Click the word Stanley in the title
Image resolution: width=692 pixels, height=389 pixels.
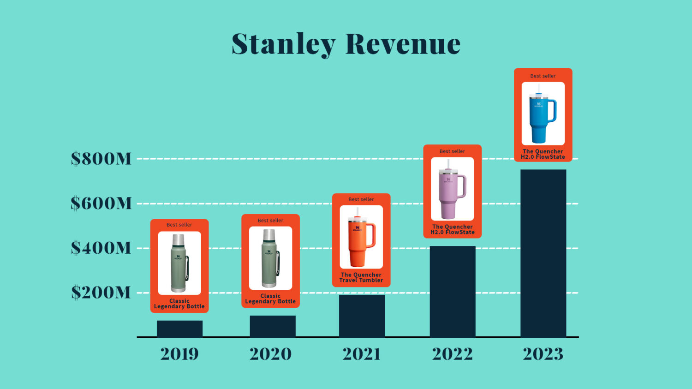coord(283,44)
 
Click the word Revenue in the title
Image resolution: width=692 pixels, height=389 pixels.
coord(403,44)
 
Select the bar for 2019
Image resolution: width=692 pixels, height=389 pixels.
coord(179,329)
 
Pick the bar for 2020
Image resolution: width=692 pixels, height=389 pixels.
coord(273,326)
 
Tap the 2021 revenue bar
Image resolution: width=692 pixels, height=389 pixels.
coord(362,316)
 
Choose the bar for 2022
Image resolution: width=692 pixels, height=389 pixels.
coord(453,291)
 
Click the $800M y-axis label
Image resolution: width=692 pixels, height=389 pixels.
coord(101,159)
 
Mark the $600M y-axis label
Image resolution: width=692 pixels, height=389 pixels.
coord(101,203)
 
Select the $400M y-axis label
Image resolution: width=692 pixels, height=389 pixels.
coord(101,248)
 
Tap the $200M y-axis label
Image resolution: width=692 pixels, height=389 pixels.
coord(101,293)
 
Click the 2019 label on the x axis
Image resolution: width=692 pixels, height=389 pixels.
coord(179,354)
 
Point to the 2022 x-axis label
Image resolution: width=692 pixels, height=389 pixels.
coord(453,354)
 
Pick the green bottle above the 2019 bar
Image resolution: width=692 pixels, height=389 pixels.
coord(179,263)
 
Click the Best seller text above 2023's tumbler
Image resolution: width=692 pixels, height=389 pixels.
coord(543,76)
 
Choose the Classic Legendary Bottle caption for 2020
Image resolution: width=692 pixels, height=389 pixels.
coord(270,299)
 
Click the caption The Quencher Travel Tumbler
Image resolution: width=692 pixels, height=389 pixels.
coord(361,277)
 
